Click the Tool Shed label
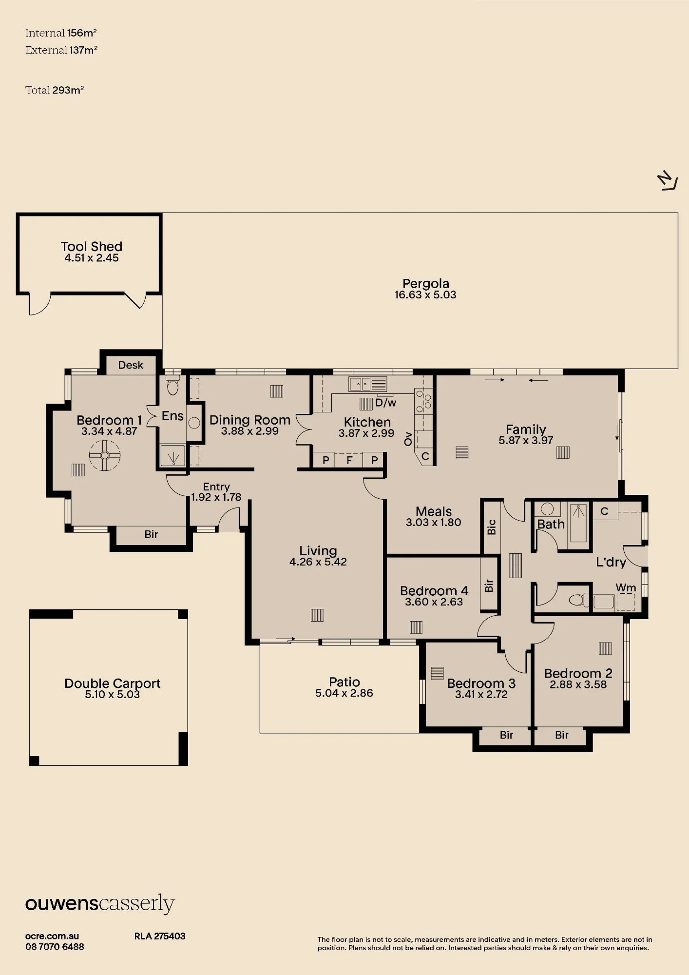[92, 247]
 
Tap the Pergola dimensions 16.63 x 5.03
[425, 295]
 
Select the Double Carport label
[113, 683]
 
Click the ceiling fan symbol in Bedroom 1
[105, 455]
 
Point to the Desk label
[131, 365]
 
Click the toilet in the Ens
[172, 386]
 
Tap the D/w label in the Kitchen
[386, 403]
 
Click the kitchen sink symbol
[367, 384]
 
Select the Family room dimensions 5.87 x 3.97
[526, 440]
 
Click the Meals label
[434, 511]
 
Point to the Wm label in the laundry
[626, 588]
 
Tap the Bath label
[551, 524]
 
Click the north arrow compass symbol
[668, 181]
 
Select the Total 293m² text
[55, 90]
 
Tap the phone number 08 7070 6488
[55, 947]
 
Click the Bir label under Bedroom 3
[506, 735]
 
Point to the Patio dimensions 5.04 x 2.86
[344, 693]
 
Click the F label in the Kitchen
[349, 460]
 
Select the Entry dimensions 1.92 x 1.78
[216, 497]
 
